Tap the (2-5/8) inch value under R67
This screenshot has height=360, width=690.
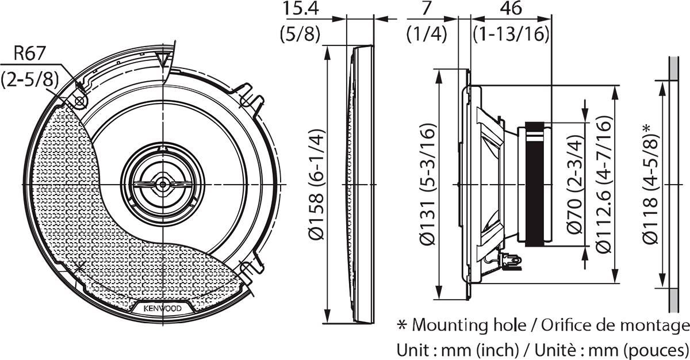coord(30,79)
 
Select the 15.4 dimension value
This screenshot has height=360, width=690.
coord(301,9)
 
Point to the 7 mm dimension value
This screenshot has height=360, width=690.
coord(425,9)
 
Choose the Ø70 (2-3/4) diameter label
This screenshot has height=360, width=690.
coord(576,185)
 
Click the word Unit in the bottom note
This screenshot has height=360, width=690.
coord(411,348)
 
